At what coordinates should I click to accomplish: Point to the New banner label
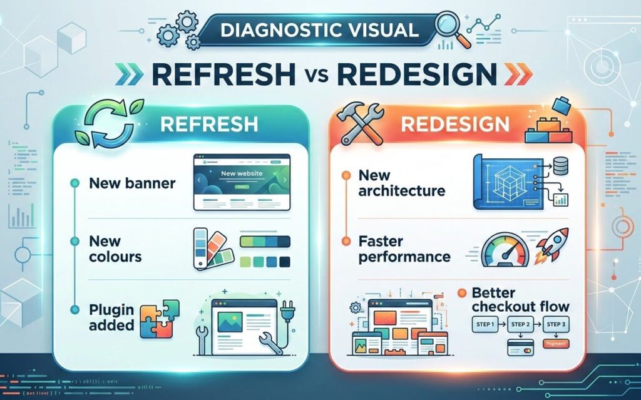coord(132,183)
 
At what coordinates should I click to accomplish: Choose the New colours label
coord(115,249)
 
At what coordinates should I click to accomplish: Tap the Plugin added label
coord(111,316)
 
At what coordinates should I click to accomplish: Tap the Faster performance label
coord(404,249)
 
